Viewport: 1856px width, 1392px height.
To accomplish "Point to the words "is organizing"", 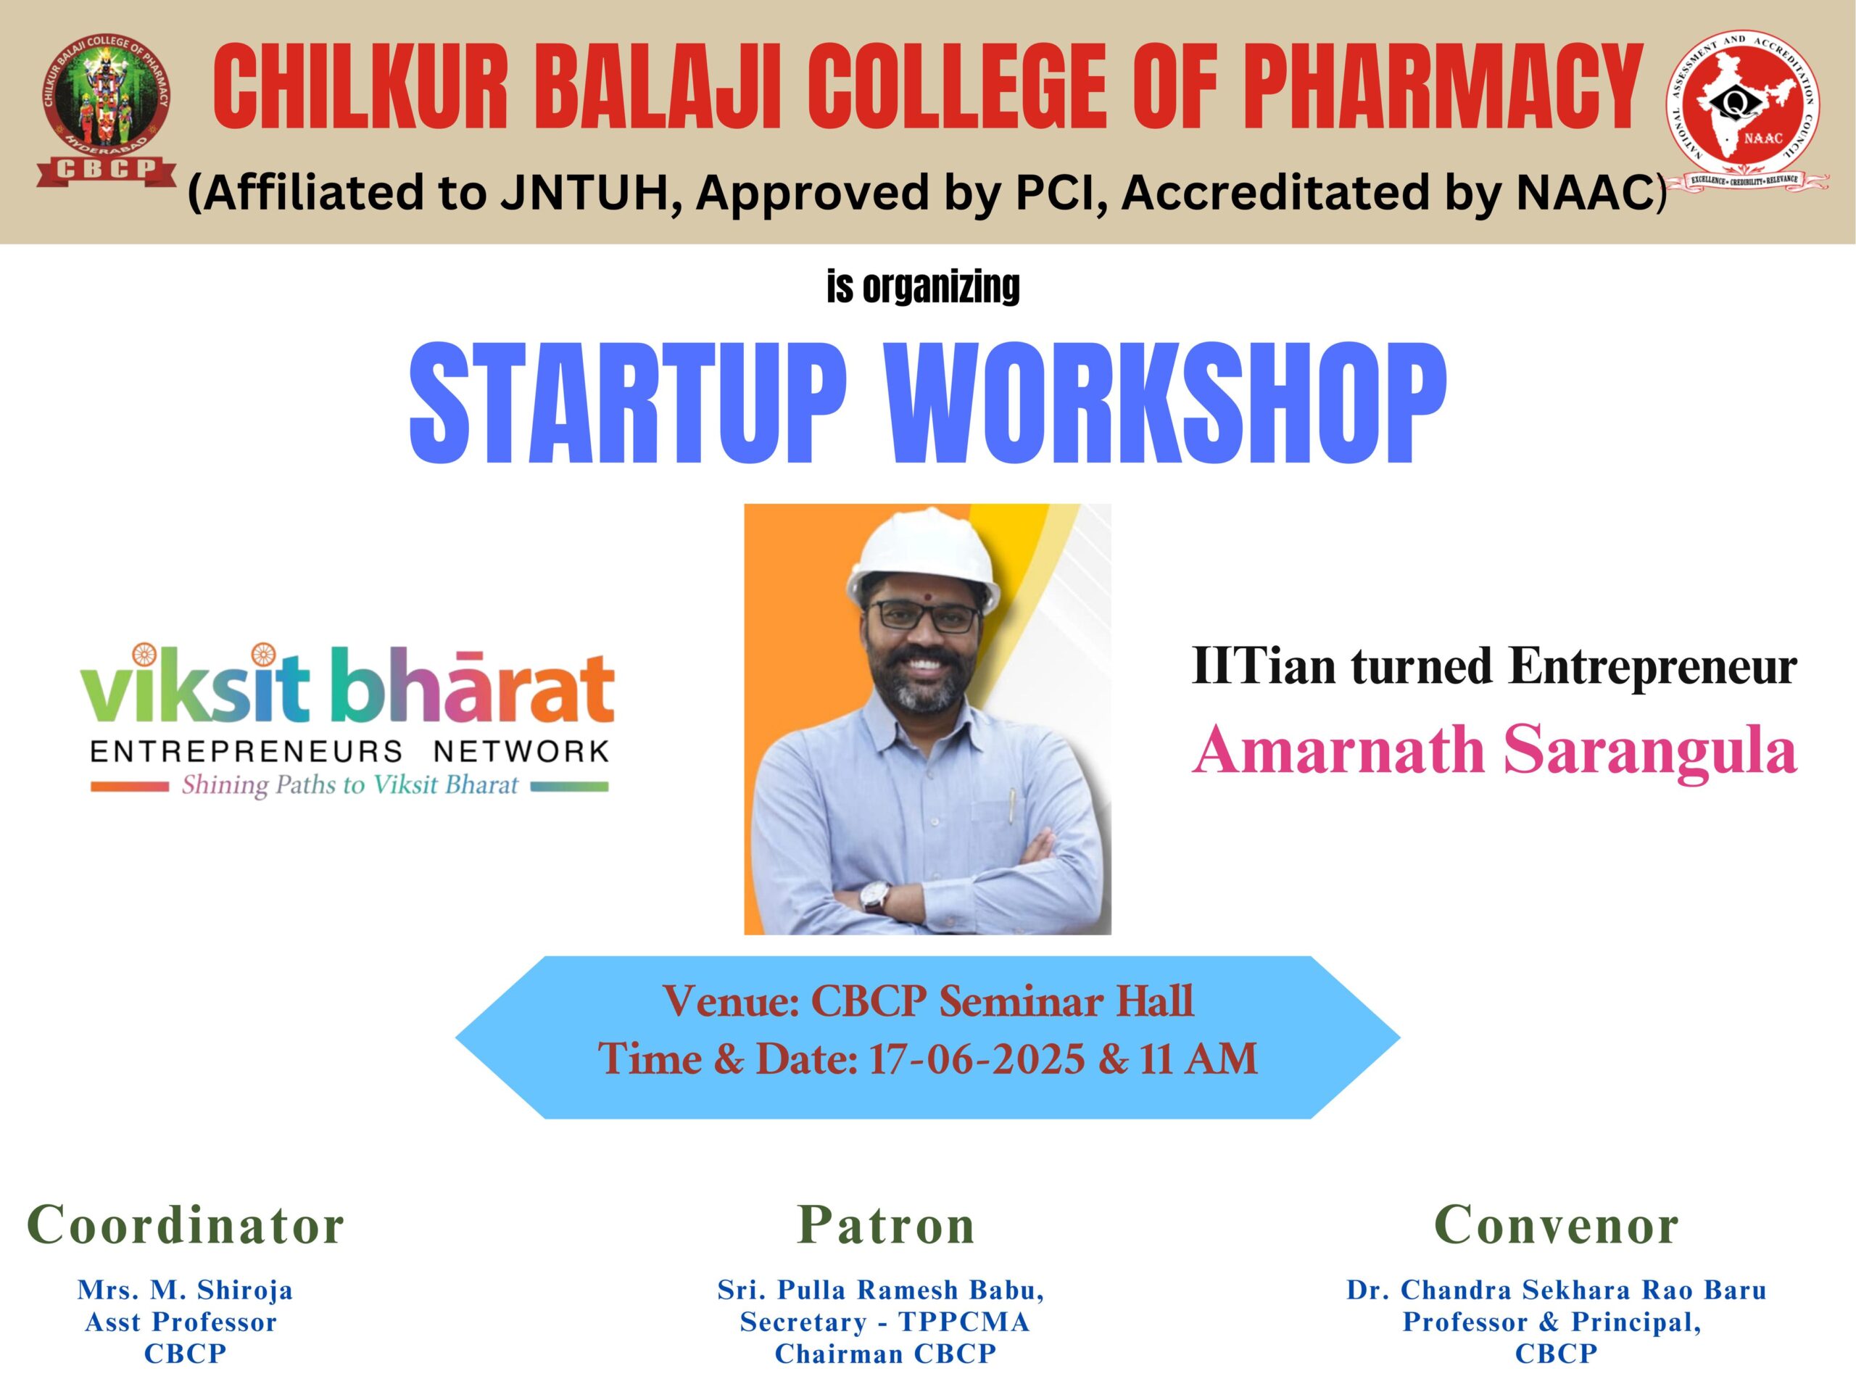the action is pyautogui.click(x=923, y=287).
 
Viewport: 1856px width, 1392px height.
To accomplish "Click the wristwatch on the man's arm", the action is pyautogui.click(x=877, y=898).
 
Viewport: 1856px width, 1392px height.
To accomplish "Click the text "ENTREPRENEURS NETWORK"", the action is pyautogui.click(x=349, y=750).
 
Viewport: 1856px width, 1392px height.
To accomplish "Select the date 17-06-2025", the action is pyautogui.click(x=977, y=1060).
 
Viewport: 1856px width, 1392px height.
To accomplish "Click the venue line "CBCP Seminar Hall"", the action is pyautogui.click(x=1002, y=1002).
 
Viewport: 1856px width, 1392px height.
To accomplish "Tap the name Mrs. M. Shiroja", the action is pyautogui.click(x=186, y=1290).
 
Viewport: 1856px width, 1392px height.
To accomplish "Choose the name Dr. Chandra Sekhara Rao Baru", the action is pyautogui.click(x=1557, y=1290).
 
